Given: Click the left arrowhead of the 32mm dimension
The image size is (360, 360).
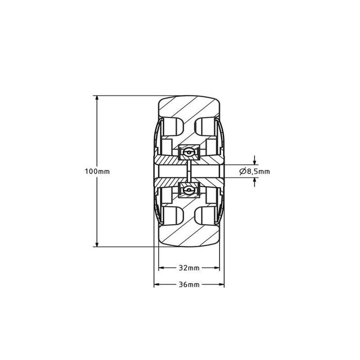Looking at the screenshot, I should (161, 268).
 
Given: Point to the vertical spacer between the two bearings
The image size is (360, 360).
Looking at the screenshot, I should (189, 171).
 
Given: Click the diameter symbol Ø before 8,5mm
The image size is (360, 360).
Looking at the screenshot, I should (242, 171).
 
